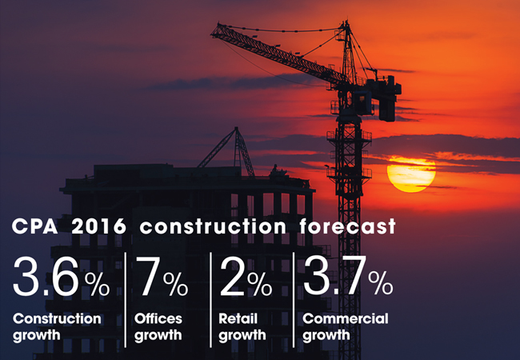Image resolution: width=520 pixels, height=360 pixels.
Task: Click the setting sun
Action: click(x=411, y=174)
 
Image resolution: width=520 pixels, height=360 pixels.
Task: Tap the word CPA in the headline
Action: click(x=34, y=226)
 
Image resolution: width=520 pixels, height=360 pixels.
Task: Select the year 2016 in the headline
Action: click(x=99, y=226)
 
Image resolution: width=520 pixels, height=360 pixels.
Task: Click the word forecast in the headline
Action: click(x=347, y=226)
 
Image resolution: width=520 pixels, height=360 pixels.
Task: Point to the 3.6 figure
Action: click(x=46, y=277)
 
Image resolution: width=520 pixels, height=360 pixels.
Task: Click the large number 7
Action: click(x=148, y=277)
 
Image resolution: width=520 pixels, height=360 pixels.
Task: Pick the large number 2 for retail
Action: click(x=232, y=277)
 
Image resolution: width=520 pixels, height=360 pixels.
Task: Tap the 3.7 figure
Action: click(x=334, y=275)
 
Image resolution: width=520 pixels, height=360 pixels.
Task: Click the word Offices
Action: click(x=158, y=318)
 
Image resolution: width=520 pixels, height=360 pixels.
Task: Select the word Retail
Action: click(x=238, y=318)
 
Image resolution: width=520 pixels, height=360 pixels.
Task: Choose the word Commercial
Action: click(x=346, y=318)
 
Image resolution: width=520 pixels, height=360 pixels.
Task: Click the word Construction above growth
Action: click(x=57, y=318)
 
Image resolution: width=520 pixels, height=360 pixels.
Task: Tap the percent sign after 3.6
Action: click(x=97, y=284)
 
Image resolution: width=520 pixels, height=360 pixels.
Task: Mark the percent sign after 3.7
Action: click(x=380, y=283)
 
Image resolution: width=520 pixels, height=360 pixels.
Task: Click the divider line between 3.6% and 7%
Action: click(x=126, y=300)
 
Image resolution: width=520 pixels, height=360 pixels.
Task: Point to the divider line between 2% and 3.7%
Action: click(x=294, y=300)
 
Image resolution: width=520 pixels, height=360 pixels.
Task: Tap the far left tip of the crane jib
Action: click(x=211, y=33)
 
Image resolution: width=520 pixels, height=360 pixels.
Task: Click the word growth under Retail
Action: click(x=242, y=335)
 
